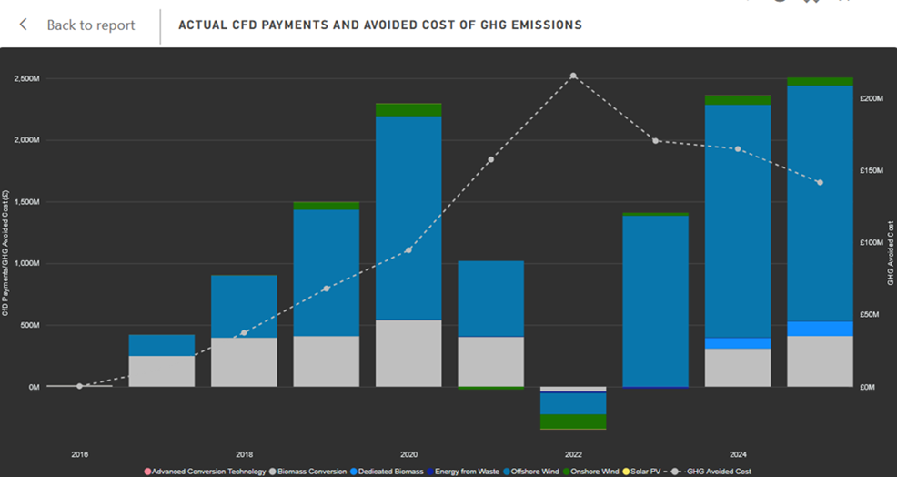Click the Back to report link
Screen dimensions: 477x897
click(x=90, y=25)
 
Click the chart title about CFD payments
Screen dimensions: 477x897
click(x=379, y=25)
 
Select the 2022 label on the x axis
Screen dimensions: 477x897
click(x=573, y=453)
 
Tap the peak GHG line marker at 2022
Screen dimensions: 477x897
click(x=573, y=76)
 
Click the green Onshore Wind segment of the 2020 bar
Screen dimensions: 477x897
click(x=408, y=109)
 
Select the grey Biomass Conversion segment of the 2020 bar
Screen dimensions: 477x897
click(x=408, y=353)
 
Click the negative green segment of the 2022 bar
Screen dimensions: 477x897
click(x=573, y=421)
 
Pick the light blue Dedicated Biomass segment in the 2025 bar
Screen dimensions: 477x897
click(x=820, y=329)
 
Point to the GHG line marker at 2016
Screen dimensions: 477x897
click(x=79, y=386)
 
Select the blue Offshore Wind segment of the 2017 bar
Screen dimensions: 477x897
click(x=162, y=345)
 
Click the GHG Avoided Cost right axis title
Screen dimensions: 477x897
click(x=891, y=253)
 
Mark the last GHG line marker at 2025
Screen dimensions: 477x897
click(x=820, y=183)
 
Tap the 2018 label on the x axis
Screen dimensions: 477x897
click(x=244, y=453)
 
